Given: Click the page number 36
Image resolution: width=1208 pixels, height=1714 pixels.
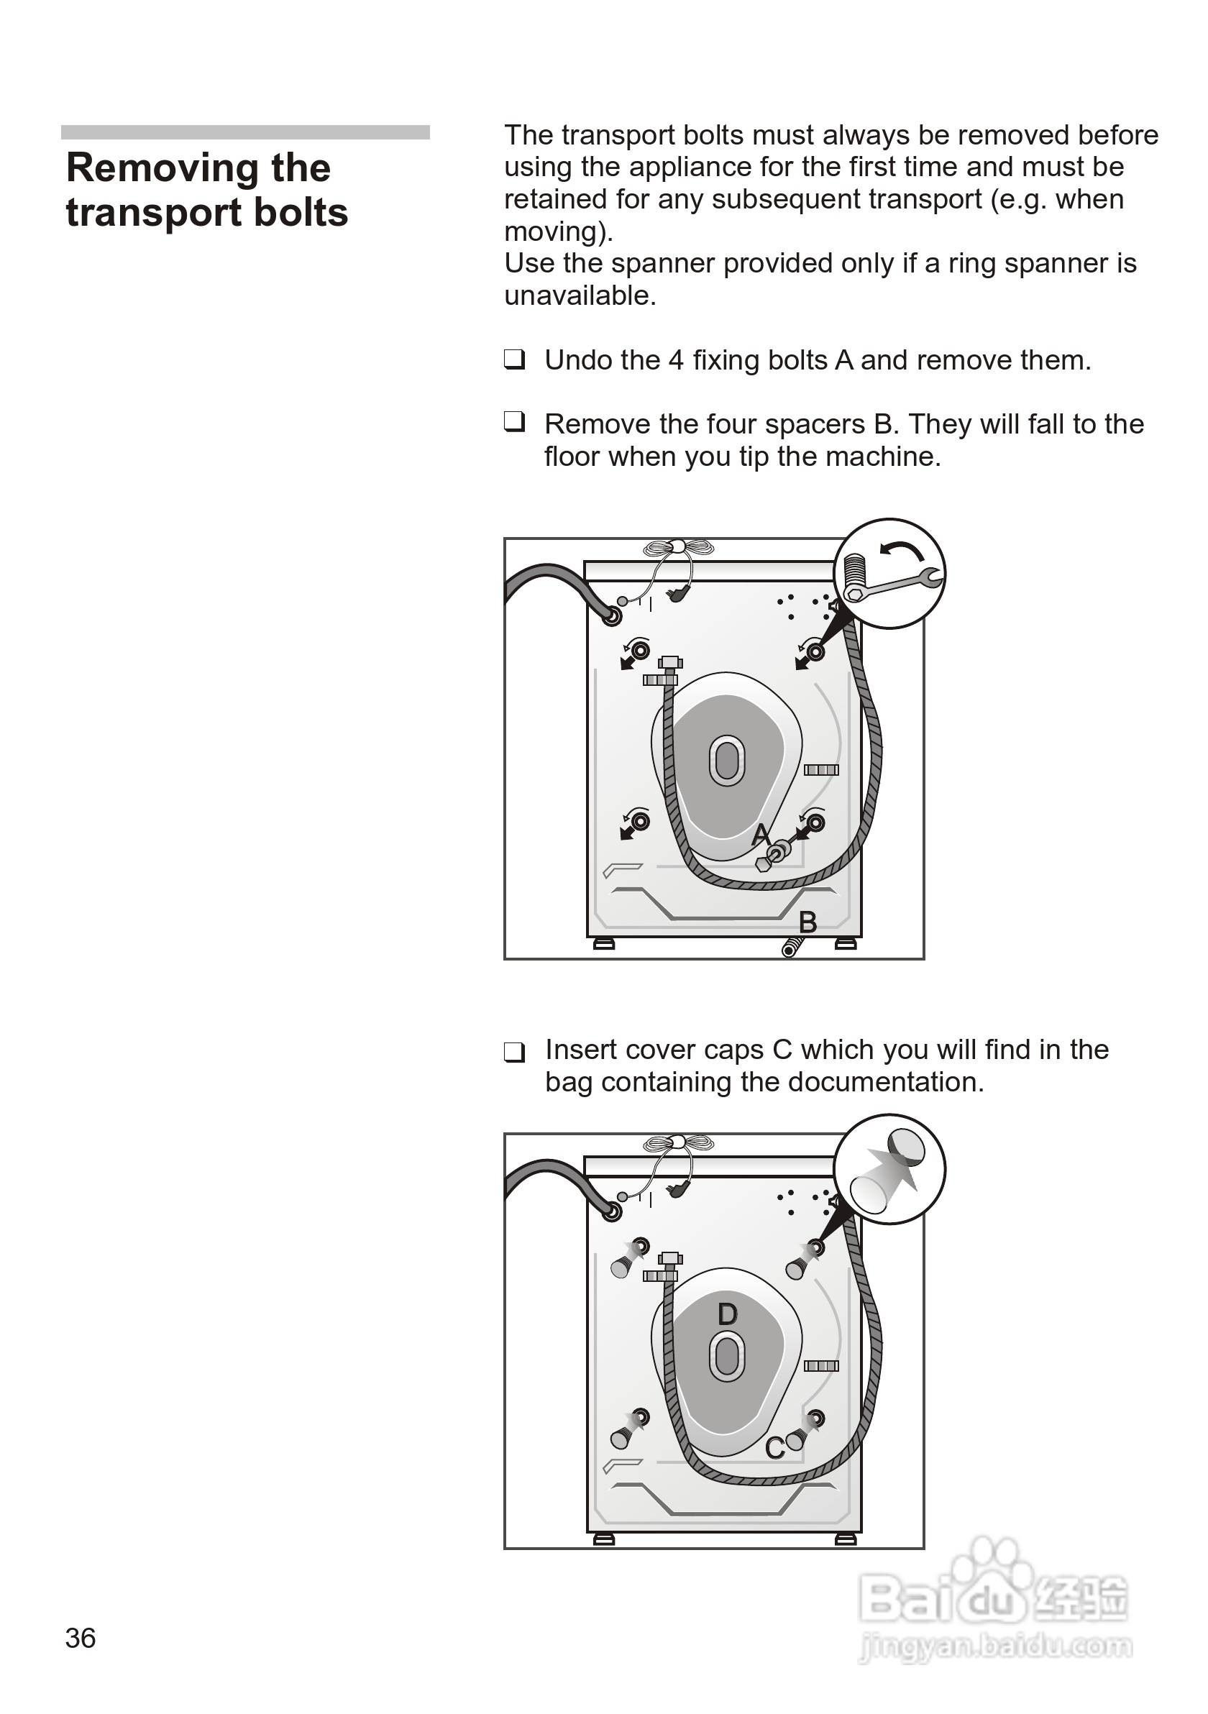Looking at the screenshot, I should (x=80, y=1638).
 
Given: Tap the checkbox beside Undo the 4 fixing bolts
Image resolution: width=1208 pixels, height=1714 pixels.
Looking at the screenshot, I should (x=513, y=359).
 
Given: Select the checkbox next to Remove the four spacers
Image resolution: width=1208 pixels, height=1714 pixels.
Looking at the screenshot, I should (x=513, y=423).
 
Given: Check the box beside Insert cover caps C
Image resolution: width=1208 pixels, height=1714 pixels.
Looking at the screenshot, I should (x=513, y=1052).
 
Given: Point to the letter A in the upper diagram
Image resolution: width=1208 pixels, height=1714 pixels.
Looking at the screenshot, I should (x=760, y=834).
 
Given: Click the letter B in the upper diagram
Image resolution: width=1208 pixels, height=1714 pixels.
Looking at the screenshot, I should (x=807, y=922).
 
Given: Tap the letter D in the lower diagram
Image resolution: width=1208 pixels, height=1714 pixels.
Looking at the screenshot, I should (x=727, y=1313).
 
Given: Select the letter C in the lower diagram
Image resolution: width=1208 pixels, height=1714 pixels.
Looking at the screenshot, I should (x=774, y=1447).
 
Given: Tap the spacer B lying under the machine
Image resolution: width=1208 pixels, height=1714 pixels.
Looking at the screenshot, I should (x=791, y=948).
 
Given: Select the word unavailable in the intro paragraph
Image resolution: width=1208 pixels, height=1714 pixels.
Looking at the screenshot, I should (x=579, y=295).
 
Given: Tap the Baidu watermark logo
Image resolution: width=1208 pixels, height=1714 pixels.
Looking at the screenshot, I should (x=993, y=1601).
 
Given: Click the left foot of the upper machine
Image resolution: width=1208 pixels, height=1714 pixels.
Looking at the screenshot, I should (x=603, y=944).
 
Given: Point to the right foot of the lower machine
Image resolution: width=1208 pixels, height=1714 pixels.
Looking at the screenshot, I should (x=845, y=1539).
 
